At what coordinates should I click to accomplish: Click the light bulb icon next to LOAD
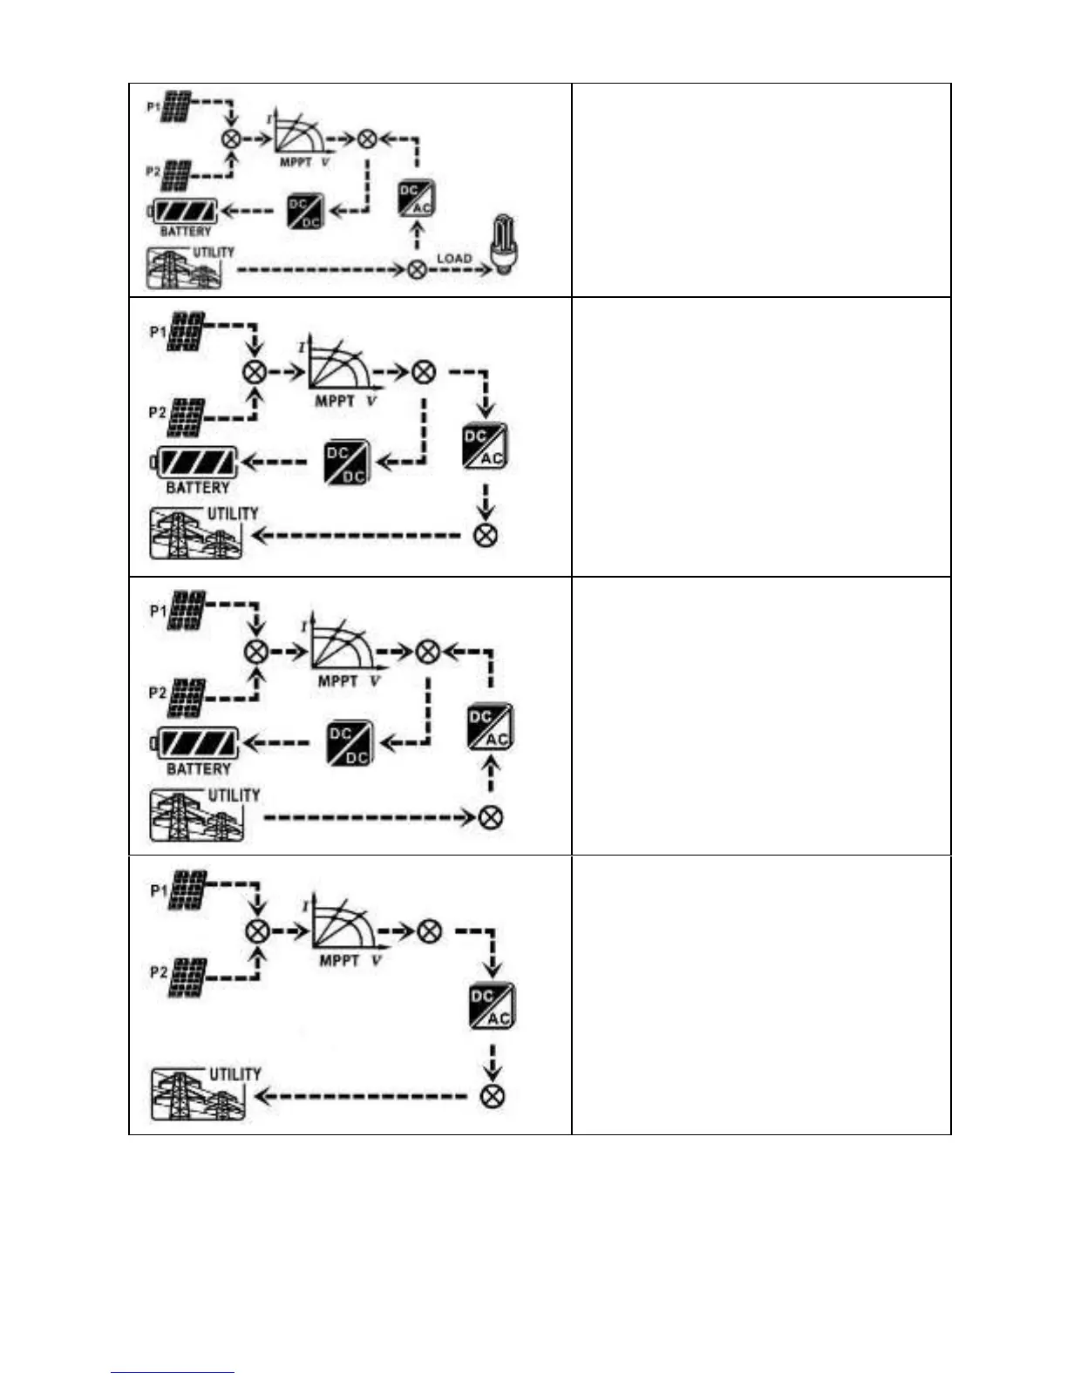[506, 246]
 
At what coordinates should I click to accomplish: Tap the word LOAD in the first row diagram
[453, 258]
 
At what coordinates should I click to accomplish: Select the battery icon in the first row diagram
[185, 211]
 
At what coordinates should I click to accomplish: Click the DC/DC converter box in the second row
[347, 463]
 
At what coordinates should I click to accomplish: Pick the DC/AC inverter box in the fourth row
[493, 1006]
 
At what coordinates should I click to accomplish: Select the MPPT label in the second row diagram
[335, 401]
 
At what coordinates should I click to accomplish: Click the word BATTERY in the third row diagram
[199, 769]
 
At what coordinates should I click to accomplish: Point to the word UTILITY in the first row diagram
[214, 252]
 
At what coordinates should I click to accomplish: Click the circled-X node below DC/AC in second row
[486, 535]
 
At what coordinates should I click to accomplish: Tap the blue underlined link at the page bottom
[173, 1372]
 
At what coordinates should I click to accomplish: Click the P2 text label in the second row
[157, 412]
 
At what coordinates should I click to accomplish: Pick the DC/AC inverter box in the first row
[416, 198]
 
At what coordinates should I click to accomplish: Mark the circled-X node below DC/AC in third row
[492, 817]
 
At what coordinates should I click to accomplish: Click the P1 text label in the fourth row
[159, 890]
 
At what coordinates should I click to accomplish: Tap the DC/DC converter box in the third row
[350, 744]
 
